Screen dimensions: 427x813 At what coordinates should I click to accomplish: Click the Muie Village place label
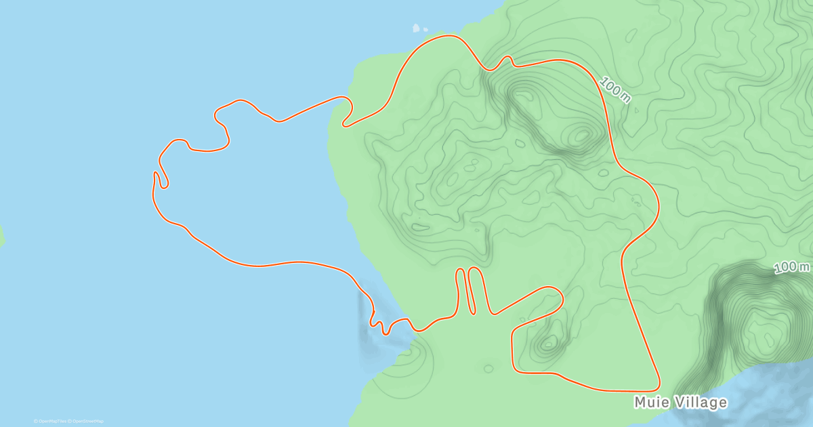tap(680, 403)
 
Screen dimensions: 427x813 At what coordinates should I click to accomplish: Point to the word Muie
tap(650, 403)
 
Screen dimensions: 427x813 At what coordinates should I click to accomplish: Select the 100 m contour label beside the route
tap(615, 90)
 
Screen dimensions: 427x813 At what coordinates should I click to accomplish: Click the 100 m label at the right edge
tap(791, 268)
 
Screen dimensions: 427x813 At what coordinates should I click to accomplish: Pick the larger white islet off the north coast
tap(416, 28)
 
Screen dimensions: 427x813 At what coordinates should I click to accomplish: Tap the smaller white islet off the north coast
tap(425, 29)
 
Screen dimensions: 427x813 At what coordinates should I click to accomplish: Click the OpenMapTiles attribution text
tap(50, 421)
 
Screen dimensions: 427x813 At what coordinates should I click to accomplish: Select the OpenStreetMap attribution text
tap(86, 421)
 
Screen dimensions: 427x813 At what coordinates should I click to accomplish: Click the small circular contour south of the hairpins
tap(488, 369)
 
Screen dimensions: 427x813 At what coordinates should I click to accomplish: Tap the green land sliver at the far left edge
tap(1, 235)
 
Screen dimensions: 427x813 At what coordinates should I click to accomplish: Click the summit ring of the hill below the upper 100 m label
tap(581, 136)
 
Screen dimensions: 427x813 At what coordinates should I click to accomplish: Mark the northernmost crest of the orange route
tap(446, 35)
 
